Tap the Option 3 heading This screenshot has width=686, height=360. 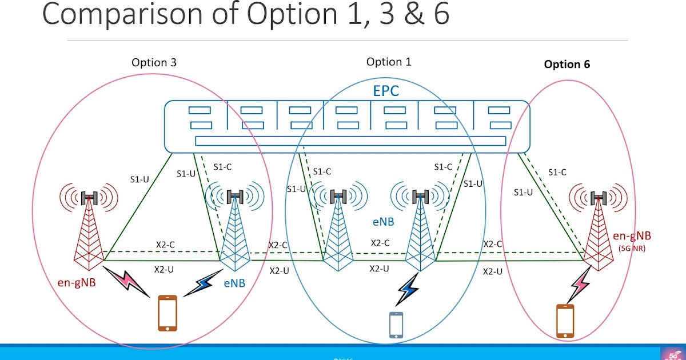(x=154, y=63)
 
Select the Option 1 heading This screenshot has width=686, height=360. (x=388, y=62)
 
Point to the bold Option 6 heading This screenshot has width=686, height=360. (x=567, y=65)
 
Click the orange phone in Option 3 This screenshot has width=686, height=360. (x=167, y=313)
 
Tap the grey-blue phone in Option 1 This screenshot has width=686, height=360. (x=397, y=325)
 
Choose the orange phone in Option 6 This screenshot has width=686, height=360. (x=565, y=321)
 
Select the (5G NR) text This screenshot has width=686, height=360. (x=632, y=247)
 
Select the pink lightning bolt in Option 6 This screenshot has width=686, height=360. (x=580, y=284)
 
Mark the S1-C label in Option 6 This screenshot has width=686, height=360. (x=557, y=172)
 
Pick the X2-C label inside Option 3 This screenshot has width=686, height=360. (x=165, y=244)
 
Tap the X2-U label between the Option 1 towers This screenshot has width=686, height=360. (x=380, y=268)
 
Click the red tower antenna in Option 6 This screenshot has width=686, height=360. (x=599, y=198)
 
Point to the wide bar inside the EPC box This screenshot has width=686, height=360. (x=346, y=141)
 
